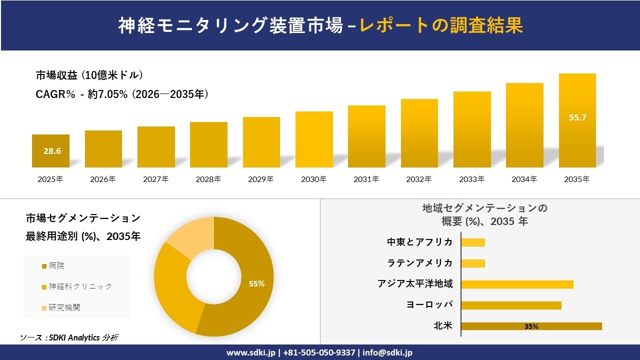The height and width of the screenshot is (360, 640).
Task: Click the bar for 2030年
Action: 314,139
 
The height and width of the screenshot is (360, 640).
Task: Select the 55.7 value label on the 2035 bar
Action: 577,118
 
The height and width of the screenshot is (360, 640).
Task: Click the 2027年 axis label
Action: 156,179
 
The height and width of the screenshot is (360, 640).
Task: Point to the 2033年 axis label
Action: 472,179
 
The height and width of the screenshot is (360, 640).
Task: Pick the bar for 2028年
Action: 208,144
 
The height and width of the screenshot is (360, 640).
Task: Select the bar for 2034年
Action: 524,125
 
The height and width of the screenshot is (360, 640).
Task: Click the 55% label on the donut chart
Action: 256,283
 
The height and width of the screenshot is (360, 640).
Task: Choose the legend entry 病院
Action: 56,266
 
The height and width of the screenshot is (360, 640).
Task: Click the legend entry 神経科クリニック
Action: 79,286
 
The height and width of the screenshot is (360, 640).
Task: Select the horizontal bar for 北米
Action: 531,326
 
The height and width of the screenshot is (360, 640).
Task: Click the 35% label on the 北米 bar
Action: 531,326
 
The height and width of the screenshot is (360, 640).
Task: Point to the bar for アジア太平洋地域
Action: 517,284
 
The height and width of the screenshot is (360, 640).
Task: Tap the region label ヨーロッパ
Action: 429,305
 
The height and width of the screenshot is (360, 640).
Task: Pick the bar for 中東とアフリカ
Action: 473,242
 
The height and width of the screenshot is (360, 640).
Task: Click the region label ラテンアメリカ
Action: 420,263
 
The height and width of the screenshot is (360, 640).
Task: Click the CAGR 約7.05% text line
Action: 122,94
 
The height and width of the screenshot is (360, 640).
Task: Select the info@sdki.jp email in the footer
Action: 387,352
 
